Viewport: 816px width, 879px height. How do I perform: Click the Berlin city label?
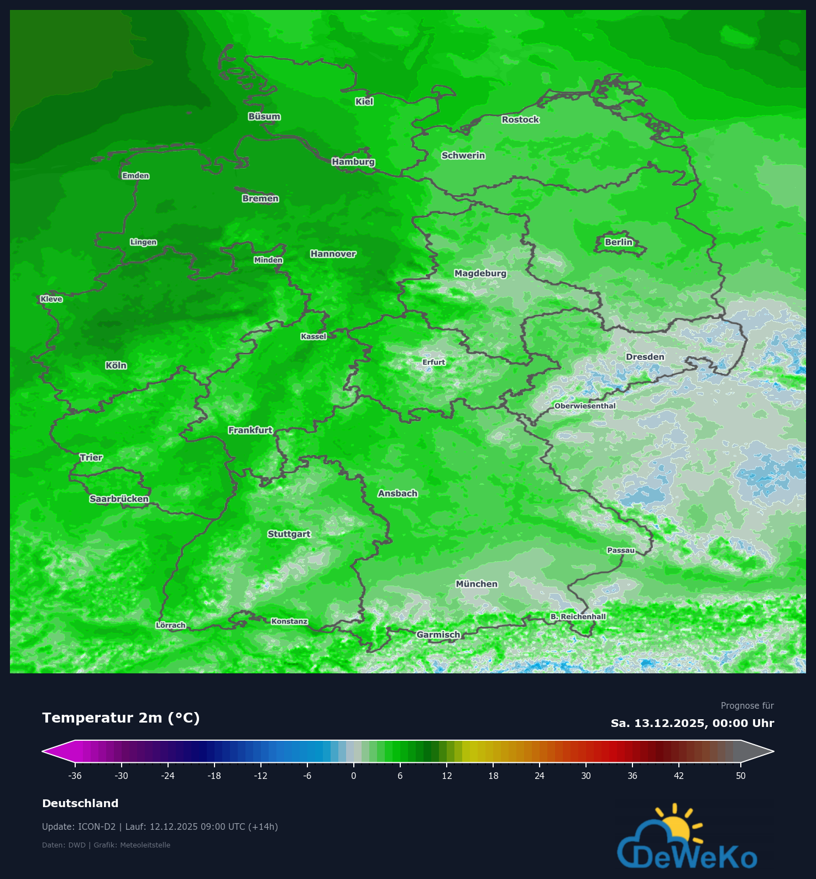[618, 242]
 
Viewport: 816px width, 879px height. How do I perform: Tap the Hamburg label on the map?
[353, 162]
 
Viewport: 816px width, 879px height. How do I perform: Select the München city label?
[477, 584]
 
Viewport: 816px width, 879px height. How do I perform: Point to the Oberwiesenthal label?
[585, 406]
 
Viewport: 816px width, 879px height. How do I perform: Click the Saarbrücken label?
[119, 499]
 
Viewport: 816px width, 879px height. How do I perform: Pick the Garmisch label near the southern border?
[438, 635]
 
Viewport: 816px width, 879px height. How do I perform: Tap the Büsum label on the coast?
[264, 117]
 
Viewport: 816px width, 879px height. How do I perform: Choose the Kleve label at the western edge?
[51, 299]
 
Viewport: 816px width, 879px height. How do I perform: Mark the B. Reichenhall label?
[578, 616]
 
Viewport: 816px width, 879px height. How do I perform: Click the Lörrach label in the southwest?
[171, 625]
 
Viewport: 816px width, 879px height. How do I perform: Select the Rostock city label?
[520, 119]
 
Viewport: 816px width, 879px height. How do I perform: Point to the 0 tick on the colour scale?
[354, 776]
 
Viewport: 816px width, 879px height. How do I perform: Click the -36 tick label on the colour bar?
[75, 776]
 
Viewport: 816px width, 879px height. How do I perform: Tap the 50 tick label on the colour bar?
[741, 776]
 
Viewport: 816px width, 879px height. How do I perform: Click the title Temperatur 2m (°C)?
[121, 718]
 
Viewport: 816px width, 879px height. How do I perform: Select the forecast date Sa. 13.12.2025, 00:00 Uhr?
[692, 723]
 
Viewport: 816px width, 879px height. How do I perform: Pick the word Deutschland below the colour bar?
[80, 803]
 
